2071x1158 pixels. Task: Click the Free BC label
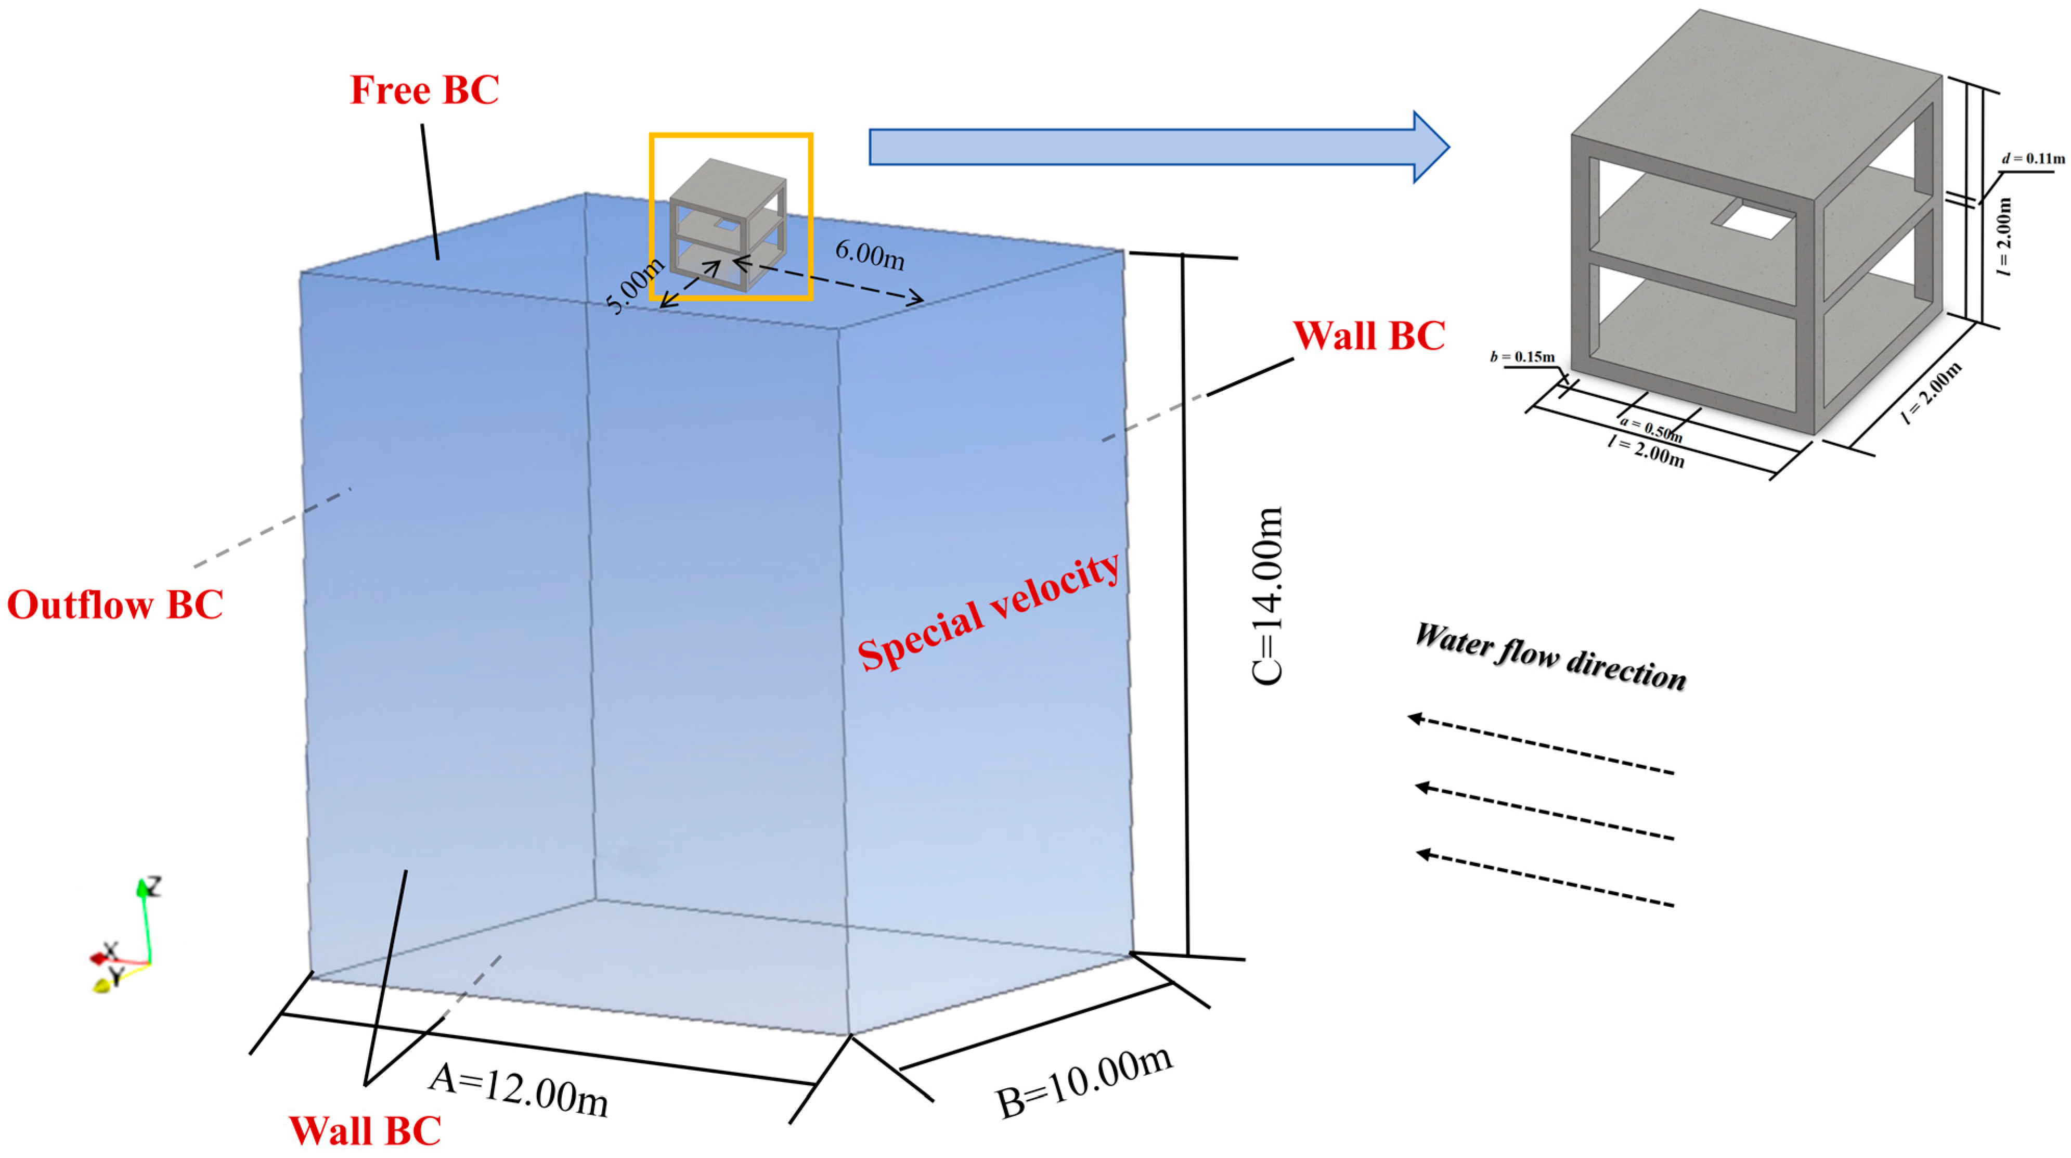click(424, 89)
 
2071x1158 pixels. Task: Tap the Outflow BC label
click(115, 604)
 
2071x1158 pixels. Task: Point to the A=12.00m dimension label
click(518, 1090)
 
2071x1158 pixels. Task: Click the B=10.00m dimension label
click(1084, 1082)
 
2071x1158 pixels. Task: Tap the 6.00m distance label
click(870, 256)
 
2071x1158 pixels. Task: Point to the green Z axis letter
click(151, 886)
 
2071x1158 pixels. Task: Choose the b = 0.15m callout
click(1522, 356)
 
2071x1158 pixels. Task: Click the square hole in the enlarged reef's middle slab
click(1753, 218)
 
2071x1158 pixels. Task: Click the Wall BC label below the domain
click(365, 1130)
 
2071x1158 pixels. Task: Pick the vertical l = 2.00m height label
click(2005, 237)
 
